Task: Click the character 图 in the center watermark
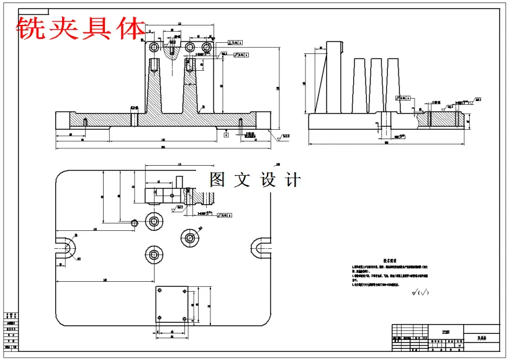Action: [x=218, y=180]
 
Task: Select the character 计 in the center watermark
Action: [x=292, y=180]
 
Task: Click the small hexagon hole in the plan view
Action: [x=134, y=222]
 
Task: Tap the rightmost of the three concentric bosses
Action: [x=190, y=236]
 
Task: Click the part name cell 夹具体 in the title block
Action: [x=482, y=339]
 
